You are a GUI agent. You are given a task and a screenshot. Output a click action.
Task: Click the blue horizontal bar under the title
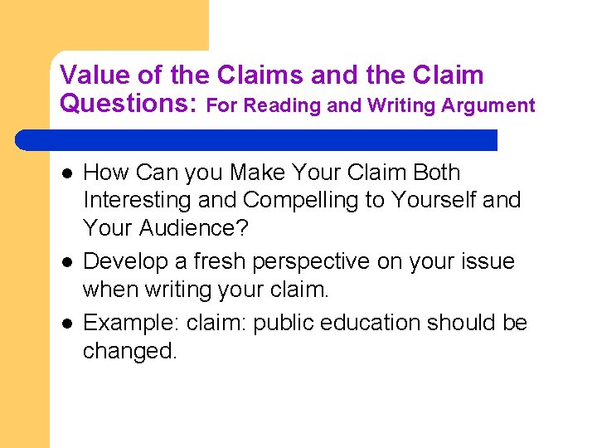pyautogui.click(x=257, y=139)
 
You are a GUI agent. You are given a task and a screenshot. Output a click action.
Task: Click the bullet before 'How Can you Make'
pyautogui.click(x=66, y=173)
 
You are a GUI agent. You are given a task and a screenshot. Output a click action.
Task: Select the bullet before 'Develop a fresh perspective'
pyautogui.click(x=66, y=262)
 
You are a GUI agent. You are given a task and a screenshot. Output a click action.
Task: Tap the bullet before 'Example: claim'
pyautogui.click(x=66, y=323)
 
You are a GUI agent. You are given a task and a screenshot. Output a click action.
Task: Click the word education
pyautogui.click(x=379, y=322)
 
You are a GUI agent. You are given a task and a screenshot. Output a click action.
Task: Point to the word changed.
pyautogui.click(x=130, y=351)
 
